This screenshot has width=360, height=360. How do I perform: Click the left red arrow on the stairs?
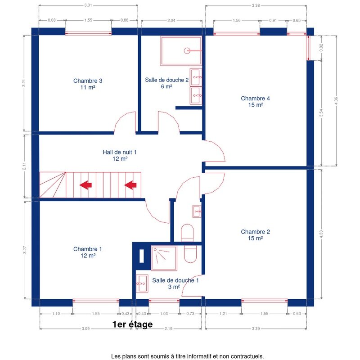click(85, 185)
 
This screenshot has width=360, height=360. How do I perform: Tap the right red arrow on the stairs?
click(130, 185)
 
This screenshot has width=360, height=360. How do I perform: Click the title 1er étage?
click(132, 324)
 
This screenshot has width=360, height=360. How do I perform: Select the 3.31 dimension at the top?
click(88, 5)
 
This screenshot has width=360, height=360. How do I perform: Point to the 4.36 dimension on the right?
click(336, 100)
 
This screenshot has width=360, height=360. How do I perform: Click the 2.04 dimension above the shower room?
click(171, 20)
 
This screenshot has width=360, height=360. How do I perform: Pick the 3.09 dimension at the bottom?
click(85, 328)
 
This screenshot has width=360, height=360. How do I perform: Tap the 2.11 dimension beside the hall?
click(24, 166)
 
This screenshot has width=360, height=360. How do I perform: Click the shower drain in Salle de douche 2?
click(187, 50)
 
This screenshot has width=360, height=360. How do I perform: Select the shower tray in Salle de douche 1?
click(164, 258)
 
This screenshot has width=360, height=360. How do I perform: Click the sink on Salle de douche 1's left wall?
click(142, 284)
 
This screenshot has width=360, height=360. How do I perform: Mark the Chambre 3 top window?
click(88, 33)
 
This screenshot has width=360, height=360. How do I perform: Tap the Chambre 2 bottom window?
click(265, 301)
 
